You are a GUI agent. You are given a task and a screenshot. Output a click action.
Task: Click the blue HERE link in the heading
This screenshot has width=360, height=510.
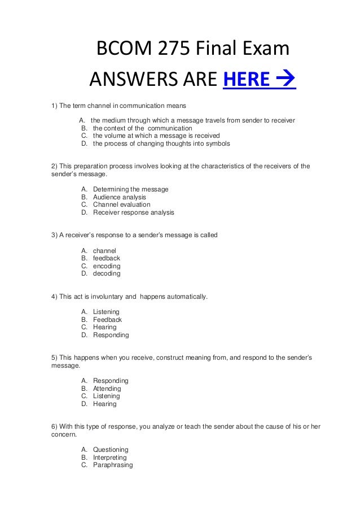[246, 81]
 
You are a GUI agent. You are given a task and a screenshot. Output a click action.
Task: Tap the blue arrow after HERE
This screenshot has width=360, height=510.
[286, 81]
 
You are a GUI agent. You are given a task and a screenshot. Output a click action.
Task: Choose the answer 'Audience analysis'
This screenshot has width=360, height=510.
[119, 197]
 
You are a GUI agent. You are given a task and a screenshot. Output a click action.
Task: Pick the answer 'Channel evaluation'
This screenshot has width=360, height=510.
[121, 205]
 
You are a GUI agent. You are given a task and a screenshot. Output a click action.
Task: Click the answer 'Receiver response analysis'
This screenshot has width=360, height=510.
[133, 213]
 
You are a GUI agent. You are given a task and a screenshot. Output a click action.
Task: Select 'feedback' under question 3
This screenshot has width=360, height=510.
[107, 258]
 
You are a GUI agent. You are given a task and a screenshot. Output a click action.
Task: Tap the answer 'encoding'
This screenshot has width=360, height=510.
[107, 266]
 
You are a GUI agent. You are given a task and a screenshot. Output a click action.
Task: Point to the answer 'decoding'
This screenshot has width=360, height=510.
[107, 273]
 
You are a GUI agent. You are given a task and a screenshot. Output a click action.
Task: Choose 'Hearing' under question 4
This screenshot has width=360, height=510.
[104, 327]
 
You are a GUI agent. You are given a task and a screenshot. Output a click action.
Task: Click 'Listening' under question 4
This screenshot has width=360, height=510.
[106, 312]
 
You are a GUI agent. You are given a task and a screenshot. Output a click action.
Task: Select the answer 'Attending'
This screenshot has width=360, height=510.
[107, 389]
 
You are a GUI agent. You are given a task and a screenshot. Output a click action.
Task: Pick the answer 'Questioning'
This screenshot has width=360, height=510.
[111, 450]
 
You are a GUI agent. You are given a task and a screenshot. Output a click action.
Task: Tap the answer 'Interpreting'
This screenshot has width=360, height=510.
[109, 457]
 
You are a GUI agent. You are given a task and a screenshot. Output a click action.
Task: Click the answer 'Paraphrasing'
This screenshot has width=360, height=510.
[113, 465]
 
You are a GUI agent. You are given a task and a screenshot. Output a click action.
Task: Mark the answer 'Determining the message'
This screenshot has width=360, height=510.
[130, 189]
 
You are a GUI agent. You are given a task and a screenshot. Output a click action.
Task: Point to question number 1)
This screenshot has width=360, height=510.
[55, 106]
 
